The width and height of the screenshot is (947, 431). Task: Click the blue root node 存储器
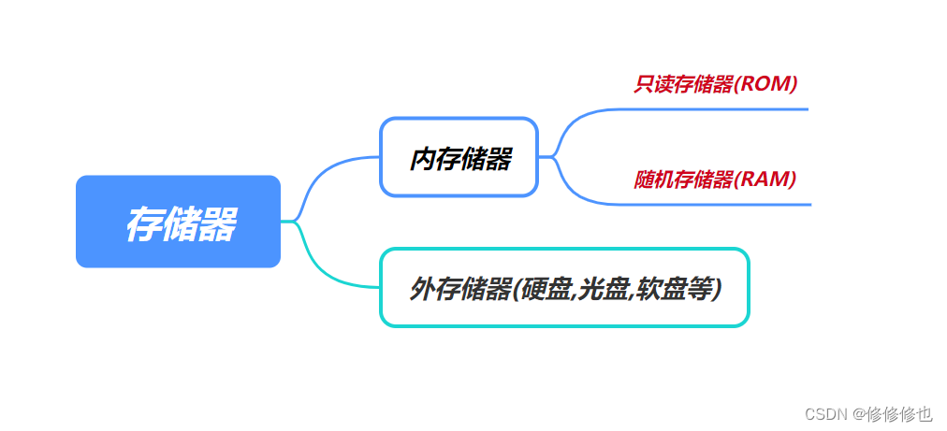tap(178, 222)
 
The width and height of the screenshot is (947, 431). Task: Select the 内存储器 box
tap(459, 157)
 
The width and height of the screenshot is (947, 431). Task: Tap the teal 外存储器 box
tap(564, 288)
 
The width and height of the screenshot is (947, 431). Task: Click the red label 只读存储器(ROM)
tap(715, 83)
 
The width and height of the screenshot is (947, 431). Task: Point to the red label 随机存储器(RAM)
tap(715, 179)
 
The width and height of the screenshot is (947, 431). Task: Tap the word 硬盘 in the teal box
tap(546, 289)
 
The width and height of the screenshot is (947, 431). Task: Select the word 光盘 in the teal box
tap(603, 289)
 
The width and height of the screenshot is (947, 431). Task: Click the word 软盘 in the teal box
tap(659, 289)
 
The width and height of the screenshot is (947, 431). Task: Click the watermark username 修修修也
tap(899, 412)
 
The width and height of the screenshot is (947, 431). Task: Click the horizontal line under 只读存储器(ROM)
tap(711, 109)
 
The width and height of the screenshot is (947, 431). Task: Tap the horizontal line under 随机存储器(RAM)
tap(711, 204)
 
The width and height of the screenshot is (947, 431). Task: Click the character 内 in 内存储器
tap(420, 159)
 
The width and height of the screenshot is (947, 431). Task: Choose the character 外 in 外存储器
tap(420, 289)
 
